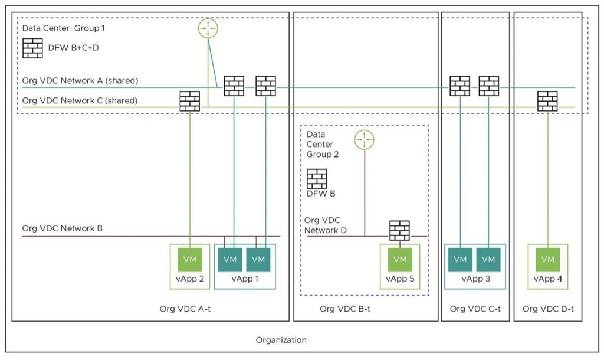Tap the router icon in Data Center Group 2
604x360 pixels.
365,140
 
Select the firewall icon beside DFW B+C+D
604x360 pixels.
32,48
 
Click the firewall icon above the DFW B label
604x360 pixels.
317,179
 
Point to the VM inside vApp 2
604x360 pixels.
190,260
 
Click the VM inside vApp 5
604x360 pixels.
399,260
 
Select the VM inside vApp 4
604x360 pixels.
547,260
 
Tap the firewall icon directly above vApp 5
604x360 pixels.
399,230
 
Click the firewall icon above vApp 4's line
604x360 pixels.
547,101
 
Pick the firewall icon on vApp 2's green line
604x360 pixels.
190,101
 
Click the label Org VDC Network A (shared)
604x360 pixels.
80,80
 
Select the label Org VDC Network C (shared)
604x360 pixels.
80,100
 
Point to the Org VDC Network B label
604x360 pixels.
62,228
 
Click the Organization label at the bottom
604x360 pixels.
281,341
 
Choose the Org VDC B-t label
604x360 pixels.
345,309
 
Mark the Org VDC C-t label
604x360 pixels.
474,309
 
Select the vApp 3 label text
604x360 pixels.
475,279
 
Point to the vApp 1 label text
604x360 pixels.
245,279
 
